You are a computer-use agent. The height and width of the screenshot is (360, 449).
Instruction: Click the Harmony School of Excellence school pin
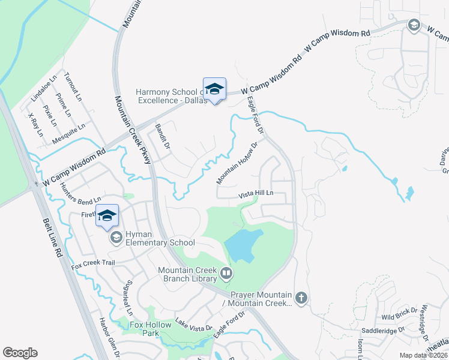pos(214,90)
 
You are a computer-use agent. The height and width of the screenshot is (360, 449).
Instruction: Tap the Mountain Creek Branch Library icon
pos(226,274)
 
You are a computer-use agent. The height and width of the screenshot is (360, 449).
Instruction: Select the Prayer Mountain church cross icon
pos(301,297)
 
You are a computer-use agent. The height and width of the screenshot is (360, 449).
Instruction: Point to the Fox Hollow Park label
pos(152,329)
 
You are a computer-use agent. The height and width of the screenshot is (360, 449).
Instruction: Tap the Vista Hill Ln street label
pos(256,194)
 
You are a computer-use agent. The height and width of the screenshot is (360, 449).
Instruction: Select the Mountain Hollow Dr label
pos(237,163)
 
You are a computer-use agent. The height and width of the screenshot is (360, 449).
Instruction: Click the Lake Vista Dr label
pos(194,325)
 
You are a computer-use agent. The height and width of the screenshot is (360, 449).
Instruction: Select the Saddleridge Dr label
pos(382,330)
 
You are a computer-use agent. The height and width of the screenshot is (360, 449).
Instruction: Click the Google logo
pos(20,353)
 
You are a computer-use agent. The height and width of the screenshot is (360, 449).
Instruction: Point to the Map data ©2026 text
pos(424,355)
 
